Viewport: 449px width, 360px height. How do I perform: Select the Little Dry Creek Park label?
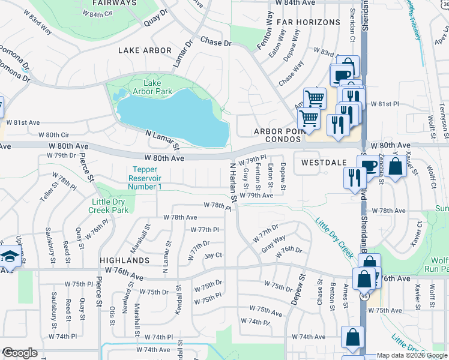110,206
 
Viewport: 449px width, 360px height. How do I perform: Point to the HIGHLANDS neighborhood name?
125,260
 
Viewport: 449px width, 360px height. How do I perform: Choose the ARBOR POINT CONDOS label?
276,135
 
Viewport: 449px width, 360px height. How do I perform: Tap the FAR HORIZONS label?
309,22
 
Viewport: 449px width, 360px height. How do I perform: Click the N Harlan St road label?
231,181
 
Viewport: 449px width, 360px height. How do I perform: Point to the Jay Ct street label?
213,255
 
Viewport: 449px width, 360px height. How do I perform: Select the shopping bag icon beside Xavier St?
396,166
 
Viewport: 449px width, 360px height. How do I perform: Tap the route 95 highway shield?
363,295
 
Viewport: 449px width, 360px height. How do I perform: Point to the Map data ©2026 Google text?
412,356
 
